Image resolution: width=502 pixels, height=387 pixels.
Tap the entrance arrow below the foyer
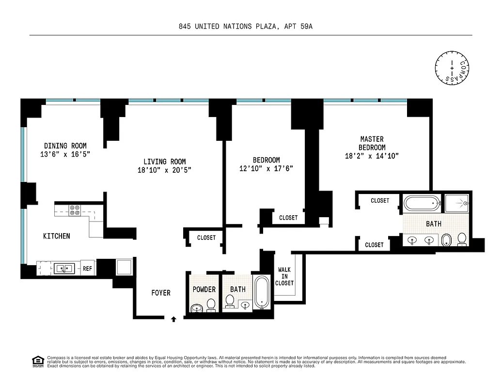[173, 318]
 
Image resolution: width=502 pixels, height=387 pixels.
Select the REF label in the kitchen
[87, 268]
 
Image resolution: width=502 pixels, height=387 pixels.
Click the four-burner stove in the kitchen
[75, 210]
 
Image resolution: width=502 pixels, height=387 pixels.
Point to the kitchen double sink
[64, 268]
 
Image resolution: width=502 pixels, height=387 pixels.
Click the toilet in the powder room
[211, 304]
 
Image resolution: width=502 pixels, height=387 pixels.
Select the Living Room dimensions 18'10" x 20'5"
[164, 170]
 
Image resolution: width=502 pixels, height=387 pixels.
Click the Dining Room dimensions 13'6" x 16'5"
[65, 154]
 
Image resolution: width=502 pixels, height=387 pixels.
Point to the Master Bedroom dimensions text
[372, 156]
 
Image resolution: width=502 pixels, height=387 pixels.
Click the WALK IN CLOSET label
[284, 276]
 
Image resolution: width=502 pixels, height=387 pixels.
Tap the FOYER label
[161, 293]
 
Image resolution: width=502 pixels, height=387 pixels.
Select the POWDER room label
[204, 289]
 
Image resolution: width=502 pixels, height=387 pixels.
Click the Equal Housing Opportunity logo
[37, 360]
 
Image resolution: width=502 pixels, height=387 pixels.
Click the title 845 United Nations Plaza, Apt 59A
[246, 27]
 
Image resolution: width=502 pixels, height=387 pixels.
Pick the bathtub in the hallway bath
[262, 292]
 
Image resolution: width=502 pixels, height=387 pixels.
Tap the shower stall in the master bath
[457, 204]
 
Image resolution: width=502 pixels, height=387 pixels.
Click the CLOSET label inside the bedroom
[288, 218]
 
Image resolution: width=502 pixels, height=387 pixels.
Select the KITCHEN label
[57, 236]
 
